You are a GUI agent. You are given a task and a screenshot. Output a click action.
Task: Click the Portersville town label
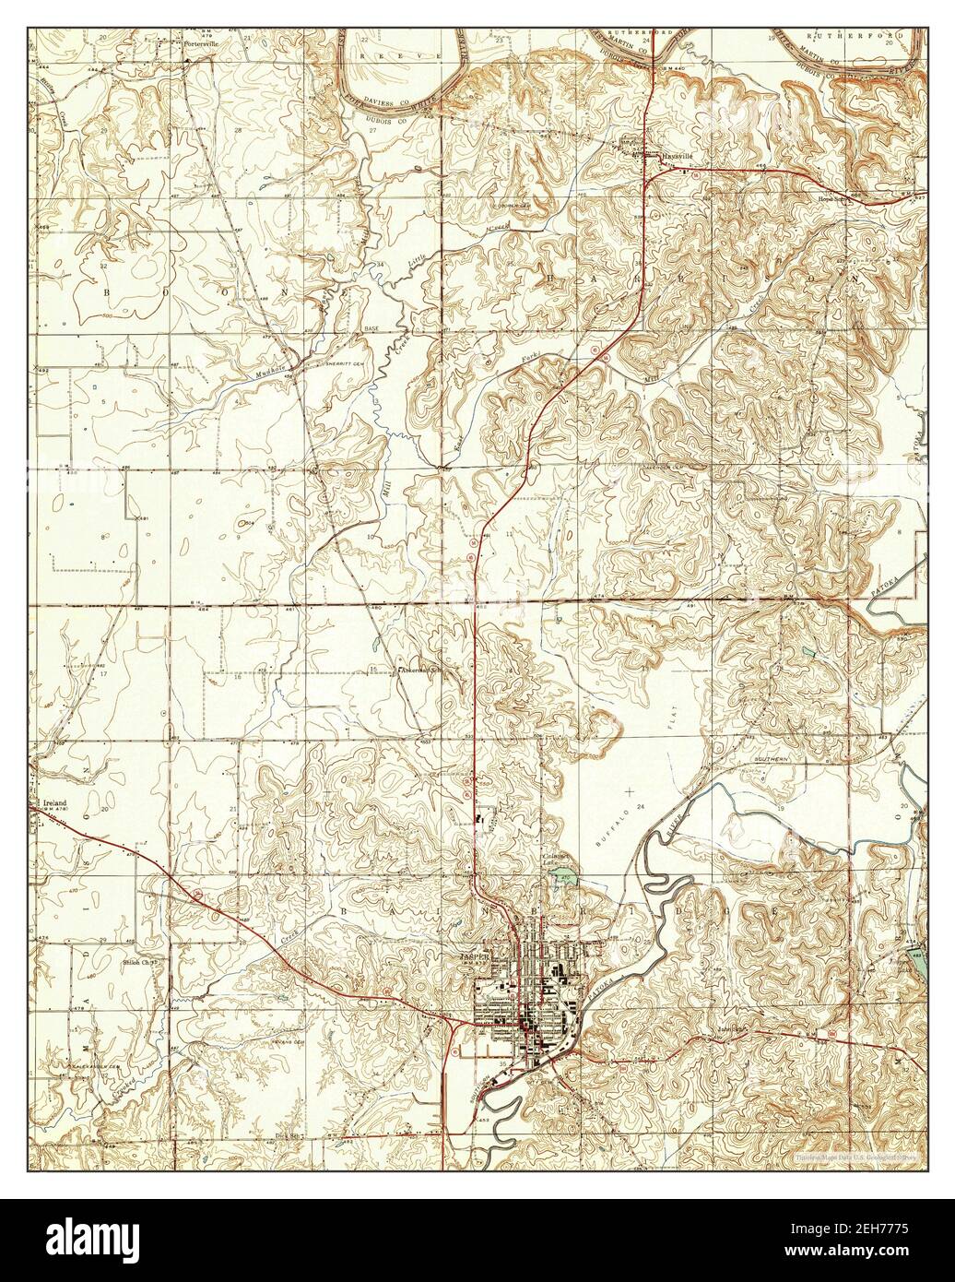(205, 18)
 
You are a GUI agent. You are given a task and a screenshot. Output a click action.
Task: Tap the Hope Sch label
(829, 196)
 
